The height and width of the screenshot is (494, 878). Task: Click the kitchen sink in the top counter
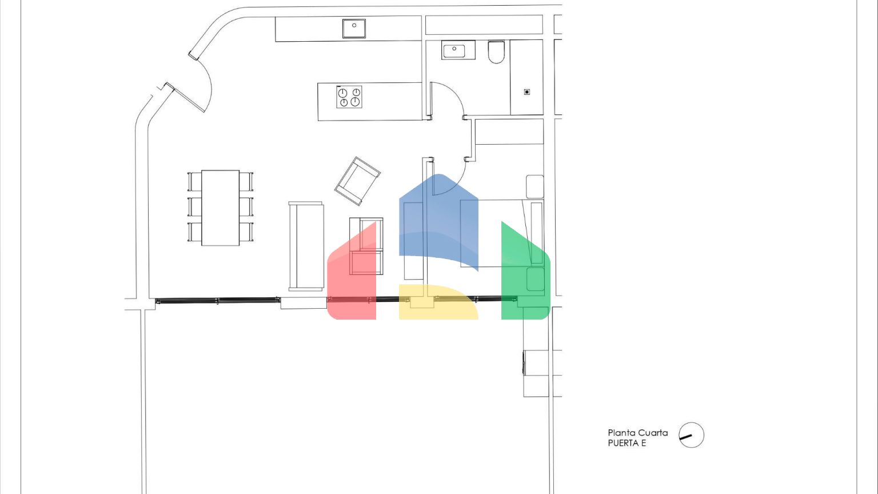[354, 28]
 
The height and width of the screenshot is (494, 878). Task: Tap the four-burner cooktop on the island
[349, 97]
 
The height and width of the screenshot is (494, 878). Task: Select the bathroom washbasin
[458, 50]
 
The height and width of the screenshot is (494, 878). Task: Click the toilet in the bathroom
[496, 52]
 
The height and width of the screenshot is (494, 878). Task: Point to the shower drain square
[527, 92]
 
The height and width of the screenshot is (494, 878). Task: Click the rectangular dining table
[220, 208]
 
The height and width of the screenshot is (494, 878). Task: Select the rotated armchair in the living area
[357, 181]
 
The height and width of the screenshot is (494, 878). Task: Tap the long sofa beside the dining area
[306, 246]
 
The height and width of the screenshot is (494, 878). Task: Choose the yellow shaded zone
[438, 302]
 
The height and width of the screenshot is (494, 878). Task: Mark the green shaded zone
[526, 274]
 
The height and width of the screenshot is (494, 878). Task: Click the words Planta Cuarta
[638, 433]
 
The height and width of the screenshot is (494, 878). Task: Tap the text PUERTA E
[626, 443]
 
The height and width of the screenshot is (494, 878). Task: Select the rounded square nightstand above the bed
[534, 186]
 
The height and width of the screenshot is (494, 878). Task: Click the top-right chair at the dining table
[246, 181]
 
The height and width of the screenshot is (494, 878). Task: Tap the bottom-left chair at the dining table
[194, 232]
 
